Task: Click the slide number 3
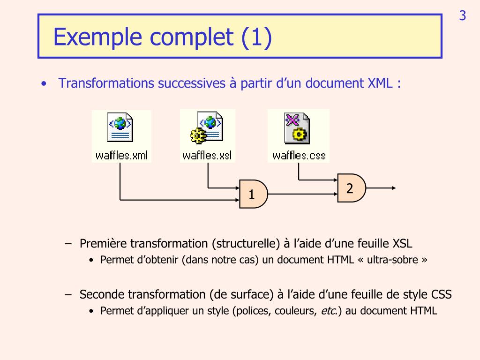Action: [462, 16]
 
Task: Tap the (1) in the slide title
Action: [256, 37]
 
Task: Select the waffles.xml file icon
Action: [121, 128]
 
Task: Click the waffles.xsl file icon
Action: [208, 128]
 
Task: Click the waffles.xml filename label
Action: [121, 156]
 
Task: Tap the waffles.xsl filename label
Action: [208, 156]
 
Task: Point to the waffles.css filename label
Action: [299, 156]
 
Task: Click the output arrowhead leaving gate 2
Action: [394, 188]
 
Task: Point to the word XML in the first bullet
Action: [378, 83]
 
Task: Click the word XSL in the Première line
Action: [402, 243]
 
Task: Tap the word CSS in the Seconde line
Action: [441, 294]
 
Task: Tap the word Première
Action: [103, 243]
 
